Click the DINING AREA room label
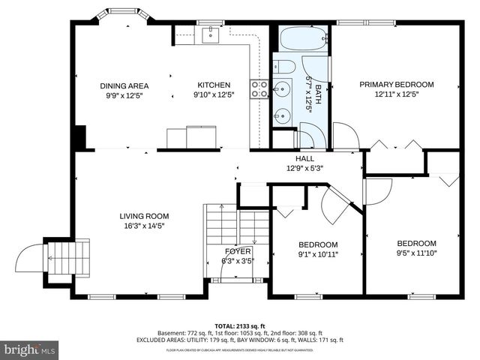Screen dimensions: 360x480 124,85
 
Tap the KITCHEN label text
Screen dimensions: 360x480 213,85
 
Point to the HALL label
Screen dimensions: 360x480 304,158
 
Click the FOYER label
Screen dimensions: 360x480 238,251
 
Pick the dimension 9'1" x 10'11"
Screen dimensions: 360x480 318,253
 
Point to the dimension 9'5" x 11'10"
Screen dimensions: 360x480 416,253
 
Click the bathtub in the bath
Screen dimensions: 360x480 303,38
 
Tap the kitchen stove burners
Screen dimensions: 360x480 259,90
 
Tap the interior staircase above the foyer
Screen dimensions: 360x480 236,225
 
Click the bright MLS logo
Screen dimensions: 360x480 30,349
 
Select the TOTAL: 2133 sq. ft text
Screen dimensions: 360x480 240,326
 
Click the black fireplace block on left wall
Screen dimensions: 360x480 80,137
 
